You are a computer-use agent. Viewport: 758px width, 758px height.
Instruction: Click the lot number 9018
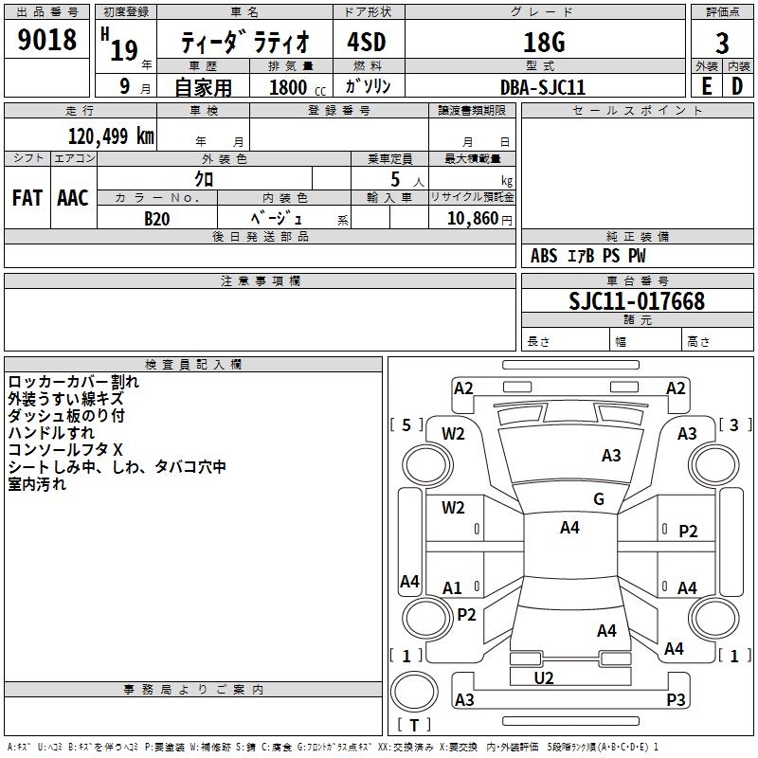point(47,41)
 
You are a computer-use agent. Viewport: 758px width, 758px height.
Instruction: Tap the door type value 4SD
point(368,43)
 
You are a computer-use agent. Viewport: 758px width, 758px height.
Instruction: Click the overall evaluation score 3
point(723,43)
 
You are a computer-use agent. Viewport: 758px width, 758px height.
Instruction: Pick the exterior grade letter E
point(707,85)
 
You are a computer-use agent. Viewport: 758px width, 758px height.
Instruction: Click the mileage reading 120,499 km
point(111,135)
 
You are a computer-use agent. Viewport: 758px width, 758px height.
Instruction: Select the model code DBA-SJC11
point(543,86)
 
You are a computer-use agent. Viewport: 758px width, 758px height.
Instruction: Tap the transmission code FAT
point(27,198)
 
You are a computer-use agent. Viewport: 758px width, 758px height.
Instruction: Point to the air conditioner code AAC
point(73,198)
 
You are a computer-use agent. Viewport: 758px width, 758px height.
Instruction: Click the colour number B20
point(156,218)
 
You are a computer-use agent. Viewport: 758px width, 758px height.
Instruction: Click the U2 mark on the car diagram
point(544,677)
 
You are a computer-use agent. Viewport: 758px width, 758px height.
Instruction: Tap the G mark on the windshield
point(599,499)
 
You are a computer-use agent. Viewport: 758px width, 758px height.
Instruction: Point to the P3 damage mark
point(676,700)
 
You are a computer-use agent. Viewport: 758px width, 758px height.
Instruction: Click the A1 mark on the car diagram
point(453,588)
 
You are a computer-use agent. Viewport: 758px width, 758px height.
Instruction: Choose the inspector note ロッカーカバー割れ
point(73,382)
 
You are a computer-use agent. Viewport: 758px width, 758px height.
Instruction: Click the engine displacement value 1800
point(289,87)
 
